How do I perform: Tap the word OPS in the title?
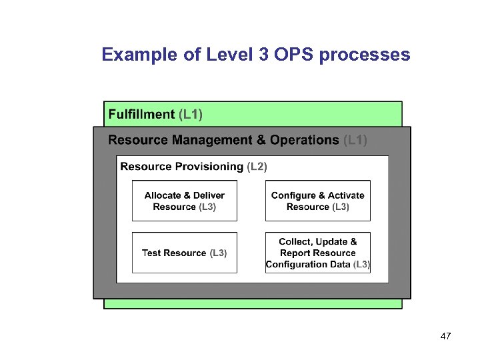(291, 55)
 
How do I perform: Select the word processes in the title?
(365, 55)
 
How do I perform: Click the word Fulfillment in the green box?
(141, 114)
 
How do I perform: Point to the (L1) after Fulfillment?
(191, 114)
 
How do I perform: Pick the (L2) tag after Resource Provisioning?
(257, 167)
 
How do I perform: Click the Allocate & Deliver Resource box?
(185, 201)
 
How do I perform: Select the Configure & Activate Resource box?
(317, 201)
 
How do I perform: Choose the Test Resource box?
(185, 253)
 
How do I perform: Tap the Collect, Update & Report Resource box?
(317, 253)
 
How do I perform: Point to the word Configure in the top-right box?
(293, 195)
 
